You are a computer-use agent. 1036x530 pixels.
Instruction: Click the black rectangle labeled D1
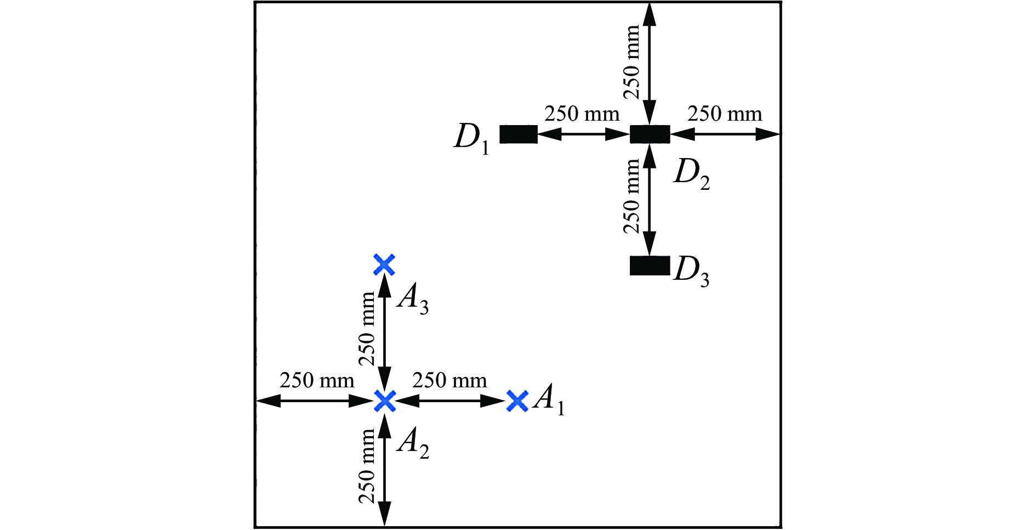point(518,134)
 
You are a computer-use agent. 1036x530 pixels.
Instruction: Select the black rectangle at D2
point(650,134)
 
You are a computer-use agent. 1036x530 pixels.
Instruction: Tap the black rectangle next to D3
point(650,266)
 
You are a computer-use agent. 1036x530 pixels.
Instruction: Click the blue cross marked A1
point(517,401)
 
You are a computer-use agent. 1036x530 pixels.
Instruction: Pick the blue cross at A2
point(385,401)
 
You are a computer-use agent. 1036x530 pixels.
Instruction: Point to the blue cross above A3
point(384,264)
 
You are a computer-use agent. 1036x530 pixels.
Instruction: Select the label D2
point(692,174)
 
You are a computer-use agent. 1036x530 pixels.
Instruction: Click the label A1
point(549,399)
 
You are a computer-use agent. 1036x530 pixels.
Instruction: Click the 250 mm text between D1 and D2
point(582,114)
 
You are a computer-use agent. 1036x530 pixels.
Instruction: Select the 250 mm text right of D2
point(725,114)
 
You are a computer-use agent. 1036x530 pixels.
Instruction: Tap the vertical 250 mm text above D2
point(632,61)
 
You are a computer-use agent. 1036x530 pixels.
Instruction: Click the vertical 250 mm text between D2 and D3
point(632,196)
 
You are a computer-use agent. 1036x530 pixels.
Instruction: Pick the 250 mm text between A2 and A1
point(449,380)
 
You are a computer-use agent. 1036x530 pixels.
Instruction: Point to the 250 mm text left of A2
point(317,380)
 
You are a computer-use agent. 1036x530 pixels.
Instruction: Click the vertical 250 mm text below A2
point(367,466)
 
